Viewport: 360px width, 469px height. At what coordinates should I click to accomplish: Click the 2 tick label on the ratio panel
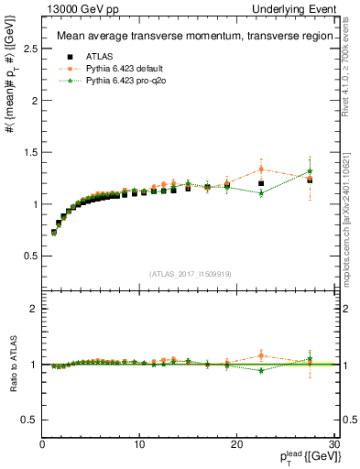click(x=33, y=310)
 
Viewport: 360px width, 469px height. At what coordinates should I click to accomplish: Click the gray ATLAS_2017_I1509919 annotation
click(x=191, y=273)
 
